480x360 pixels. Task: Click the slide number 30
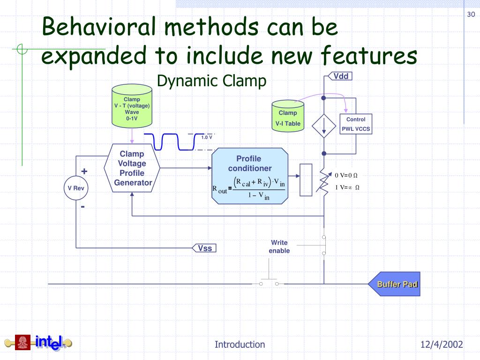[471, 15]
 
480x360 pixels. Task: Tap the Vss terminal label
[205, 248]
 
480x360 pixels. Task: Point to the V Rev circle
[75, 188]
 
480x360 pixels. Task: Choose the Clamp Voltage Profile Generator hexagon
[132, 168]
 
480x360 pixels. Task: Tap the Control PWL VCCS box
[356, 124]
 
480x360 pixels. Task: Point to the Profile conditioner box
[249, 176]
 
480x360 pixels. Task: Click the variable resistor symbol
[323, 180]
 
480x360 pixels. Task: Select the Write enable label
[279, 247]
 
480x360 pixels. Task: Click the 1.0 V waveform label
[207, 137]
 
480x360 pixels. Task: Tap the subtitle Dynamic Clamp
[211, 81]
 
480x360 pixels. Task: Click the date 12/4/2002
[442, 345]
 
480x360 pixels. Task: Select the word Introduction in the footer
[240, 345]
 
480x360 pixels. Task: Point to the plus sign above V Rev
[84, 171]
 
